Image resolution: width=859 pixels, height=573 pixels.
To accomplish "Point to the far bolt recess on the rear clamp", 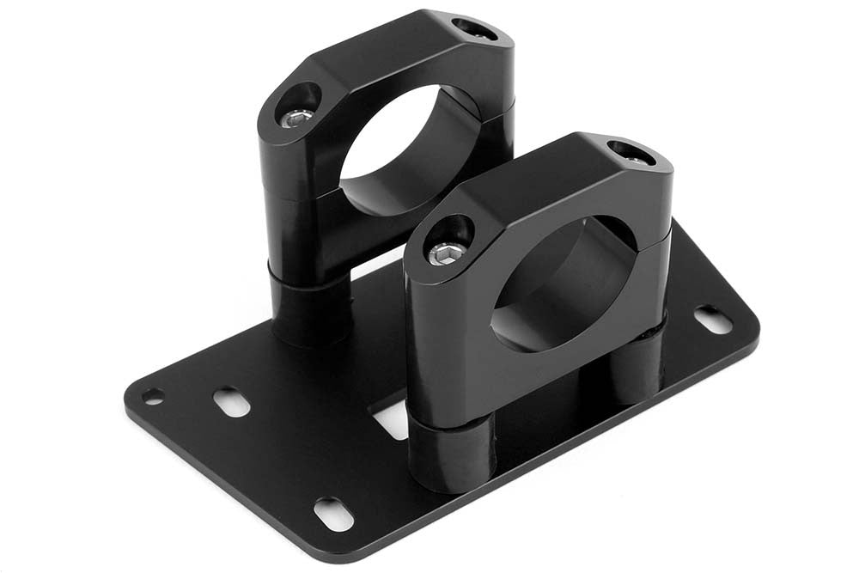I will [473, 28].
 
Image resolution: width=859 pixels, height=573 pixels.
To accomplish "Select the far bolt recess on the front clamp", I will [631, 153].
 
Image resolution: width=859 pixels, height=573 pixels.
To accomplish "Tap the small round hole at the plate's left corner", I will [154, 396].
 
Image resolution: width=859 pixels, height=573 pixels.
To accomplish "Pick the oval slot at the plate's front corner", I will [333, 513].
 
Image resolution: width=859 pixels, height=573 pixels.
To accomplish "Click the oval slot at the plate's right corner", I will [713, 320].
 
